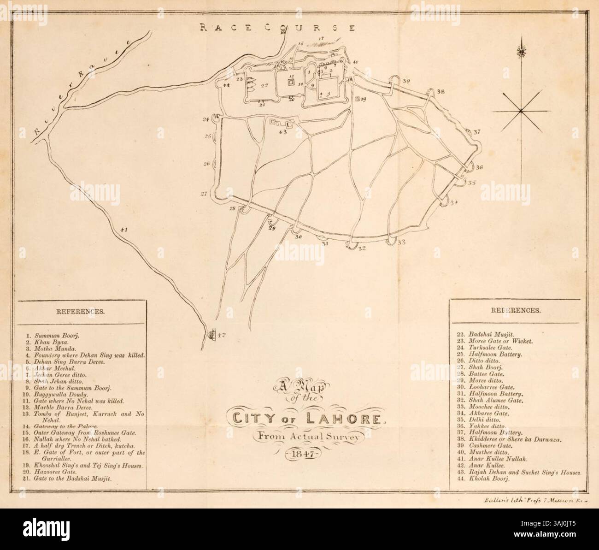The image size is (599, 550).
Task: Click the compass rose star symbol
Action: (520, 111)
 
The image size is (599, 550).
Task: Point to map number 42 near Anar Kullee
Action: (221, 336)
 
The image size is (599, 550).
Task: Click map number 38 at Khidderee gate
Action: (441, 92)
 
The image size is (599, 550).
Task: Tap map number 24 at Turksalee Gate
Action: (206, 119)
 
